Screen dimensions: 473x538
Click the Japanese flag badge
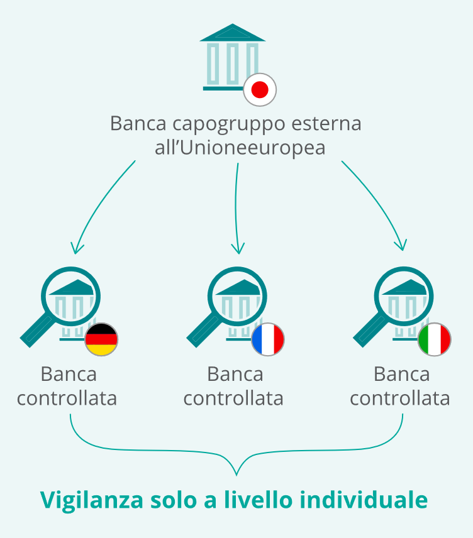click(260, 89)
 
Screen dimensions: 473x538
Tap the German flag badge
click(101, 339)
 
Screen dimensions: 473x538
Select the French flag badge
click(268, 339)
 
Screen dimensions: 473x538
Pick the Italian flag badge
click(435, 339)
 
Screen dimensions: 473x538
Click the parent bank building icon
click(233, 57)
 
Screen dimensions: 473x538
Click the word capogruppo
click(229, 124)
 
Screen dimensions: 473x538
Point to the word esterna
click(326, 123)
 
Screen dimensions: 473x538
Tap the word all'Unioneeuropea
click(240, 148)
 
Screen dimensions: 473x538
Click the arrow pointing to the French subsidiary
click(236, 207)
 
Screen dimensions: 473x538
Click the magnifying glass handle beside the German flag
click(36, 331)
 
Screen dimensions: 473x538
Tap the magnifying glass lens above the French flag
click(237, 297)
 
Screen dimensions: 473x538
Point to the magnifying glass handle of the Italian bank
click(370, 331)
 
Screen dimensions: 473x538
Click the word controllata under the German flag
click(67, 398)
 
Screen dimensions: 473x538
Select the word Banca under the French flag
click(235, 374)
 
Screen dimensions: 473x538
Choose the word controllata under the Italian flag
click(400, 398)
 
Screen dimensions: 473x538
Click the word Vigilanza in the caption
click(91, 500)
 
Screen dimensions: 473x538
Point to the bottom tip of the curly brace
click(237, 475)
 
